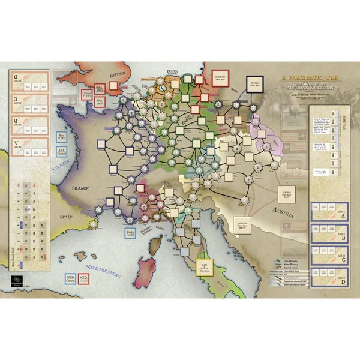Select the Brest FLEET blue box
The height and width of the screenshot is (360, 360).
[61, 140]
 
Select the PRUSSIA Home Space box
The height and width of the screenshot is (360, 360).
[254, 83]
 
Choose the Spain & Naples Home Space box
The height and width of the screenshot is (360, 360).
[206, 262]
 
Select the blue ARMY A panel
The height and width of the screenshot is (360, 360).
[328, 214]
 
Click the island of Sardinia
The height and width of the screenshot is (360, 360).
[146, 262]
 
